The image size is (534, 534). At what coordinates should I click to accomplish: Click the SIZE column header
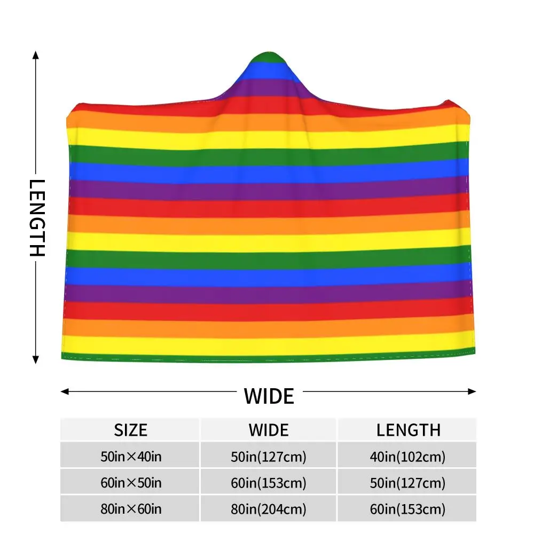pos(130,430)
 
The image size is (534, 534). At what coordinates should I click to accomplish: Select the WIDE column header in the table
pos(269,430)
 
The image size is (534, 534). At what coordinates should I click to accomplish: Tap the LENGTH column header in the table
pos(409,430)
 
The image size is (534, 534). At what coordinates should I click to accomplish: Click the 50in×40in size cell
pos(131,457)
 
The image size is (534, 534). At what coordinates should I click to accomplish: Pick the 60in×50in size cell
pos(131,483)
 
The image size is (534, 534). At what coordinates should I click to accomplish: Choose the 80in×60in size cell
pos(131,509)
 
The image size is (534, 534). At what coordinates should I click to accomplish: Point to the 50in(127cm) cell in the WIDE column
pos(269,457)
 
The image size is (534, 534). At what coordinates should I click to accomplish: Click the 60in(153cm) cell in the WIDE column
pos(269,483)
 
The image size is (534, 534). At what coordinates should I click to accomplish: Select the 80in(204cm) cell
pos(269,509)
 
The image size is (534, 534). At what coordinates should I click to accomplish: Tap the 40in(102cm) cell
pos(407,457)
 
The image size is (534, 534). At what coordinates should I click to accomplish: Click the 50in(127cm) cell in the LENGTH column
pos(407,483)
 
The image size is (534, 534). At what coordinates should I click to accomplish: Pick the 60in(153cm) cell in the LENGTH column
pos(407,509)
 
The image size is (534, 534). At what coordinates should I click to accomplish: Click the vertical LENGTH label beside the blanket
pos(37,218)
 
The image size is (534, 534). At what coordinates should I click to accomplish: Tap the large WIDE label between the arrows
pos(269,396)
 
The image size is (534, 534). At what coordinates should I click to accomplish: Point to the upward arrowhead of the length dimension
pos(35,55)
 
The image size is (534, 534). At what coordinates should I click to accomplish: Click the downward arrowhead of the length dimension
pos(35,359)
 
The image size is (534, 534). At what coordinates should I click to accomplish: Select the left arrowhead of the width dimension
pos(65,391)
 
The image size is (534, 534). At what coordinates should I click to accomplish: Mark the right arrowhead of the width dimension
pos(472,391)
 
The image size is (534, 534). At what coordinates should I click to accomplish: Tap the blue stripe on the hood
pos(269,72)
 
